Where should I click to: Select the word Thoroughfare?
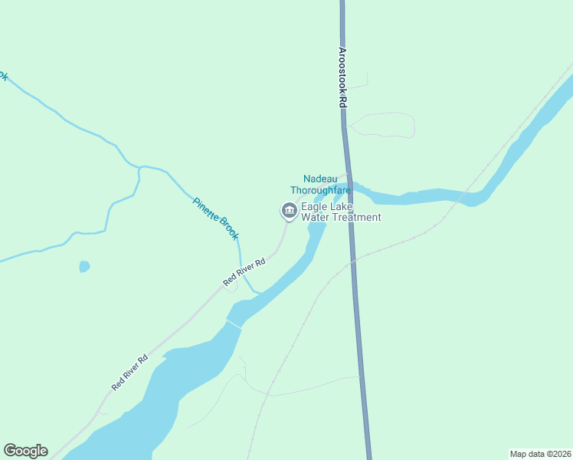click(320, 190)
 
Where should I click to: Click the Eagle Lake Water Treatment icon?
click(288, 209)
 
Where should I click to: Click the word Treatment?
click(354, 218)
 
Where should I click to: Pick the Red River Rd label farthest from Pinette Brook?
click(129, 373)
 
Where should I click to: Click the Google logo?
click(25, 451)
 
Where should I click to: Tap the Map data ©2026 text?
click(540, 453)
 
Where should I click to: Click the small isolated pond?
click(84, 267)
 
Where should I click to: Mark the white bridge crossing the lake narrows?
click(234, 325)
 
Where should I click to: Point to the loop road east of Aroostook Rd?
click(391, 123)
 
